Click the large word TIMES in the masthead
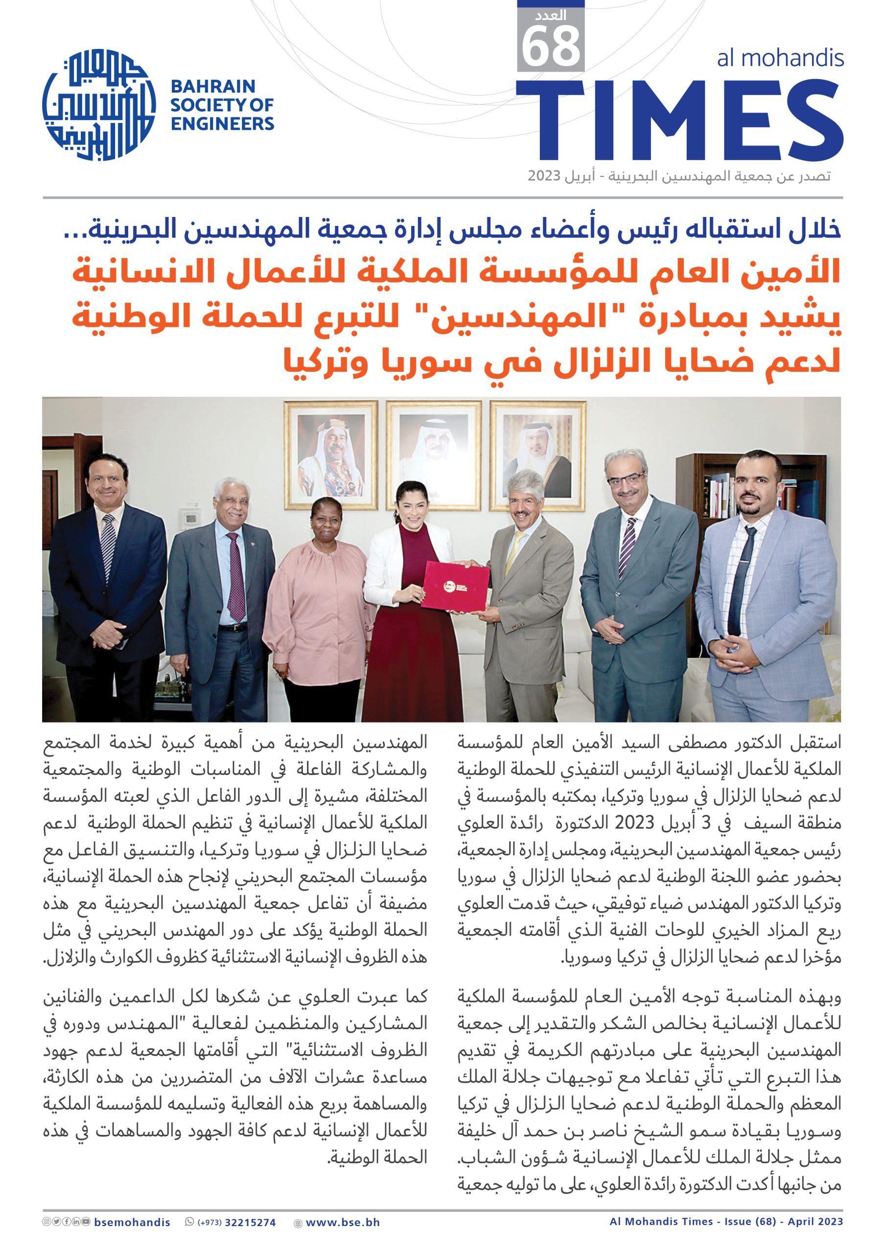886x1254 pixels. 679,120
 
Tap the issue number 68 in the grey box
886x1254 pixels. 550,48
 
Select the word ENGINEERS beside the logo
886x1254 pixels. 222,124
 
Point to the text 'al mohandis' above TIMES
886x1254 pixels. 780,58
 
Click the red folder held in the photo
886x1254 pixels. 455,586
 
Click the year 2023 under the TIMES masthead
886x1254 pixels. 544,176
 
